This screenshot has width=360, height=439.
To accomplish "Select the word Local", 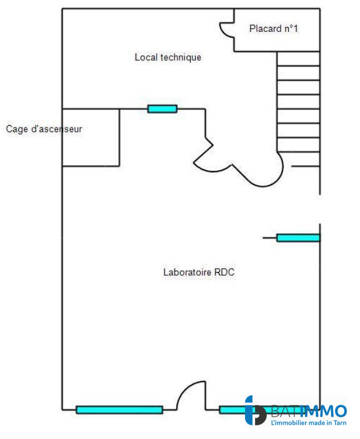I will (x=146, y=58).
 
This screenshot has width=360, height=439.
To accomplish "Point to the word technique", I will (x=181, y=58).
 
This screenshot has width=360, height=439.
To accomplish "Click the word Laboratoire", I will (x=187, y=273).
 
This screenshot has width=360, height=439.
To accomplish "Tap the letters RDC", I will (x=224, y=273).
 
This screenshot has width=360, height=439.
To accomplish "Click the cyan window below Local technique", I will (x=162, y=109).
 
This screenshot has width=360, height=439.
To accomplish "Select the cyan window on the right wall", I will (x=297, y=238).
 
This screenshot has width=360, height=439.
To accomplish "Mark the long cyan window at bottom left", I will (x=119, y=410).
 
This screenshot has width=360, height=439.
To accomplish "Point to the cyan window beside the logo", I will (x=232, y=410).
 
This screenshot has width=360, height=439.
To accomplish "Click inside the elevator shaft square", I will (x=91, y=138).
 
